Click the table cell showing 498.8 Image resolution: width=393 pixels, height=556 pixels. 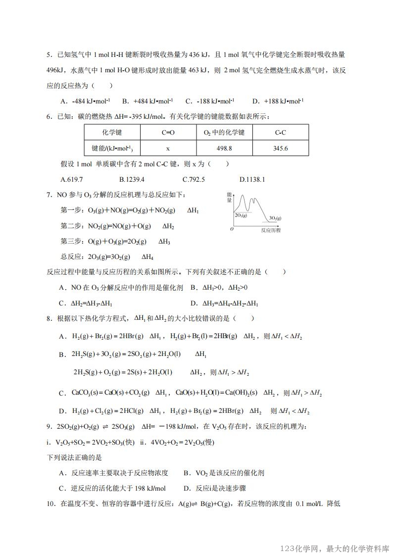click(x=224, y=148)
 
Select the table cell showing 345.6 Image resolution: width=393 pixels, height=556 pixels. click(x=280, y=148)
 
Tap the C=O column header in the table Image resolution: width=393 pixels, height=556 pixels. click(x=168, y=133)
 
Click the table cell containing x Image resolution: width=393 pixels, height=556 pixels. click(x=168, y=148)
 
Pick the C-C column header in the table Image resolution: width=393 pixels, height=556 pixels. click(x=280, y=133)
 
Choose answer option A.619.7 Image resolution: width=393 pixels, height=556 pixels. click(x=71, y=179)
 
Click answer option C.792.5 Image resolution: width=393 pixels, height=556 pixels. click(x=194, y=179)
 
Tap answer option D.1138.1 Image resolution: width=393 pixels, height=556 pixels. click(x=252, y=179)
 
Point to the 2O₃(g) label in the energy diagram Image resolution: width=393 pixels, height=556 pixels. click(x=241, y=215)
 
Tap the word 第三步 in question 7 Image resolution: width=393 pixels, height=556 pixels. click(x=70, y=242)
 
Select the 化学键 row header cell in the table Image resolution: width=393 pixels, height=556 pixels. click(x=112, y=133)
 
